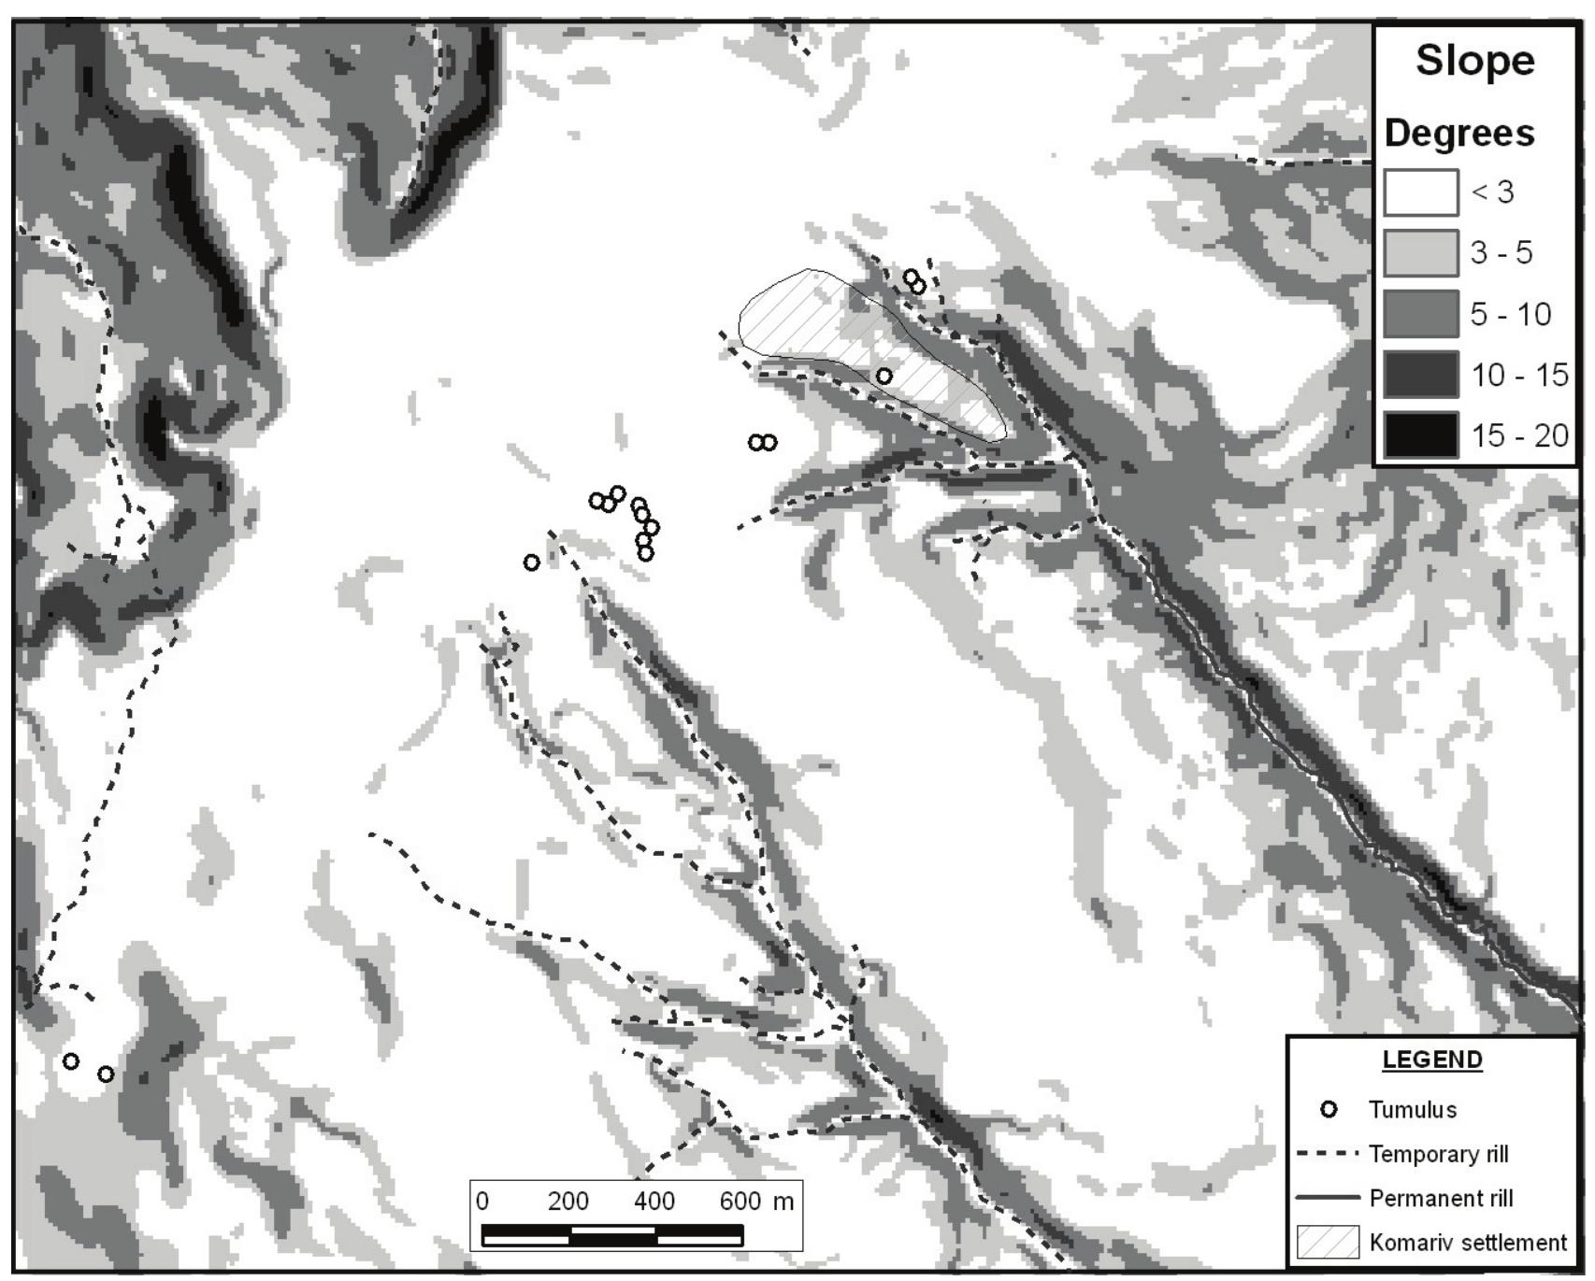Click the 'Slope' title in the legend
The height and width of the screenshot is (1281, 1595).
point(1474,62)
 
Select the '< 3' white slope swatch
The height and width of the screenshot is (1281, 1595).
point(1420,192)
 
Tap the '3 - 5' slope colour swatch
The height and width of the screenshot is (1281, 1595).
point(1420,253)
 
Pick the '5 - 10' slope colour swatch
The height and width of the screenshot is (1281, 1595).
point(1420,314)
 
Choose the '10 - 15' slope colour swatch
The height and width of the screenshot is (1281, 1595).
point(1420,375)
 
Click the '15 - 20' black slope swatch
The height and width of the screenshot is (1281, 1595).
point(1420,435)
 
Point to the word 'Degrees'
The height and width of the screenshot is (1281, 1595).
point(1458,134)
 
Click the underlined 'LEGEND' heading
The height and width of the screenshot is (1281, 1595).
point(1431,1060)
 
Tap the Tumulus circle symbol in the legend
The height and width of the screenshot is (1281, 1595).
point(1329,1110)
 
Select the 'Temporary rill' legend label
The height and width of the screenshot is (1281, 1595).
point(1438,1155)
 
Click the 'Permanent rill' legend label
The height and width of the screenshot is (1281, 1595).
point(1441,1199)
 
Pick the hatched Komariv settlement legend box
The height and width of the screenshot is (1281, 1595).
point(1328,1243)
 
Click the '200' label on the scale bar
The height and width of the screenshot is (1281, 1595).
point(568,1201)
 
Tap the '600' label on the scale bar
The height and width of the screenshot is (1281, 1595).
point(740,1201)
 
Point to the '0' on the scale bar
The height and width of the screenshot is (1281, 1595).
point(482,1201)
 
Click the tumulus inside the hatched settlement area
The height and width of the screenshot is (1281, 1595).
point(884,376)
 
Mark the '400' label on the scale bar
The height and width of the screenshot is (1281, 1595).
point(654,1201)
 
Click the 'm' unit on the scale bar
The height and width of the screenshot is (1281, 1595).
point(783,1201)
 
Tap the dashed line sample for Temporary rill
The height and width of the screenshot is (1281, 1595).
point(1328,1155)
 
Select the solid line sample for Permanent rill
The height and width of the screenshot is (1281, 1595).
point(1328,1198)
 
